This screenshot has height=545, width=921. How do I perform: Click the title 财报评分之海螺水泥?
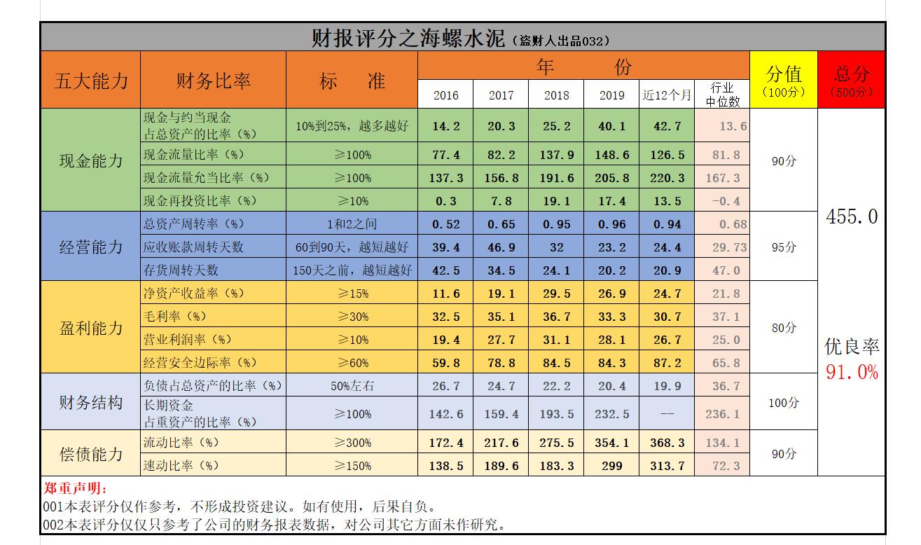tap(408, 38)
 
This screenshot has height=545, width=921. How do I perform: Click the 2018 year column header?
tap(556, 95)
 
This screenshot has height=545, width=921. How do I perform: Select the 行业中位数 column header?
tap(722, 95)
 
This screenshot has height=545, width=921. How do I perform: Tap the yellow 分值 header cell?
tap(783, 80)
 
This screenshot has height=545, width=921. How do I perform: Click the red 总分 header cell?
tap(851, 80)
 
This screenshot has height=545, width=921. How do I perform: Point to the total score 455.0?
tap(851, 217)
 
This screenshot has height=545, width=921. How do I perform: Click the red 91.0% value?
tap(851, 372)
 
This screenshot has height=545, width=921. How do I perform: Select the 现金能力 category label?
tap(91, 160)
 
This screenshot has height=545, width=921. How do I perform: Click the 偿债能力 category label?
tap(91, 454)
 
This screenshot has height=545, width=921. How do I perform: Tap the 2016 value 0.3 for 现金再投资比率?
tap(445, 201)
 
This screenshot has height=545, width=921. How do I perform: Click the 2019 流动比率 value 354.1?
tap(611, 443)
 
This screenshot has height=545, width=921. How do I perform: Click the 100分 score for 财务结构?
tap(783, 403)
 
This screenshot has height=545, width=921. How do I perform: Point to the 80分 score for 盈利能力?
tap(783, 328)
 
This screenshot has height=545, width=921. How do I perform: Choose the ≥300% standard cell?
tap(352, 443)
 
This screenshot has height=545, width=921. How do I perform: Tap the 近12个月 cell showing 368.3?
tap(667, 443)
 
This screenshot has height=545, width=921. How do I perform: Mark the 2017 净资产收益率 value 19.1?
tap(501, 294)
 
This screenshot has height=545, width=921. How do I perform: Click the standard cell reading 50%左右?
tap(352, 386)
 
